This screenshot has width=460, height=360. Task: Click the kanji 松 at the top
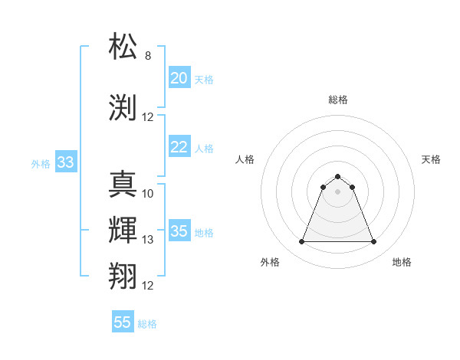[x=123, y=47]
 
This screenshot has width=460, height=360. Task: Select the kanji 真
[x=123, y=185]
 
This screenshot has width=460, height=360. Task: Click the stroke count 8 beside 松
[x=148, y=56]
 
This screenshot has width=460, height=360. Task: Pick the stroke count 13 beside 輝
[x=148, y=240]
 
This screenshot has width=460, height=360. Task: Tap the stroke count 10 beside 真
[x=148, y=194]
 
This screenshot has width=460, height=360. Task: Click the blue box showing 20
[x=179, y=78]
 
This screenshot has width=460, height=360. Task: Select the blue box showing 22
[x=179, y=147]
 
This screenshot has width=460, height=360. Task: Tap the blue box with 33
[x=65, y=162]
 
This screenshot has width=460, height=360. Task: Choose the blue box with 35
[x=179, y=231]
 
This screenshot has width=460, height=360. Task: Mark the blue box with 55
[x=123, y=322]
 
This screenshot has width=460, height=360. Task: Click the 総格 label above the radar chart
[x=338, y=100]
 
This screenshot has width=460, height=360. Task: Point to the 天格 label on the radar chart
[x=431, y=159]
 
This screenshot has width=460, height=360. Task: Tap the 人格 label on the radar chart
[x=245, y=159]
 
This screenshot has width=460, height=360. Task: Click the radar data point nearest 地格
[x=374, y=242]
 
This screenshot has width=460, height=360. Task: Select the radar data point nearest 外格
[x=301, y=242]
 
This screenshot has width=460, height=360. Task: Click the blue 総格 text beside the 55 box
[x=147, y=324]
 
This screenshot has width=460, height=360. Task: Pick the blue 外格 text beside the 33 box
[x=41, y=163]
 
